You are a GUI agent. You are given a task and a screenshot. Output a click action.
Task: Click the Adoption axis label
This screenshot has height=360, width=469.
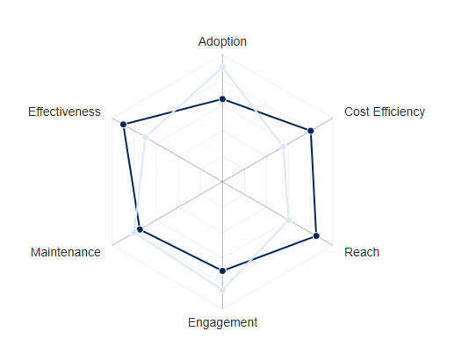coord(222,41)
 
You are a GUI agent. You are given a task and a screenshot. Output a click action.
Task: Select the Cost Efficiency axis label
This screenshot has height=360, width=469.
coord(384,112)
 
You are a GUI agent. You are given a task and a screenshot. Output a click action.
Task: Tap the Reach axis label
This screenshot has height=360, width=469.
coord(362,252)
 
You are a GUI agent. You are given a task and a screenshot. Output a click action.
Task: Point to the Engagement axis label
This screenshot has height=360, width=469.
coord(222,322)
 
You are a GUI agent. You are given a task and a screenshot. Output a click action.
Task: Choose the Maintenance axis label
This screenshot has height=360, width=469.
coord(65,252)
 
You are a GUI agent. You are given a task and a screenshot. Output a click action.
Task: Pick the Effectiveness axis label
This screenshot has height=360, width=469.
coord(64,112)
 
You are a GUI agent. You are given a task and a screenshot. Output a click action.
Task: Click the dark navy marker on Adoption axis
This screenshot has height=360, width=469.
coord(223,99)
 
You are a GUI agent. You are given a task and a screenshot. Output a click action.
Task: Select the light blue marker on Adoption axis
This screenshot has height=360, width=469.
coord(223,67)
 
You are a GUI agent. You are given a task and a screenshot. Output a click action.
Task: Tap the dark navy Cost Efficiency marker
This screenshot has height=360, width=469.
coord(311,131)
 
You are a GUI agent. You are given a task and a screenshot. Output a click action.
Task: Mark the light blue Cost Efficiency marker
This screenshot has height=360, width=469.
coord(284,147)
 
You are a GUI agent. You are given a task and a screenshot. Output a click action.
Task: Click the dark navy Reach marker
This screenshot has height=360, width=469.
coord(316,236)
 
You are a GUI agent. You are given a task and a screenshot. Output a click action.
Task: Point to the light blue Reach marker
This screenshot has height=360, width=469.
coord(289,220)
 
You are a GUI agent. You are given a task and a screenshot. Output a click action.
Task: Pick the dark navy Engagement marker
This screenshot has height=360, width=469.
coord(223,270)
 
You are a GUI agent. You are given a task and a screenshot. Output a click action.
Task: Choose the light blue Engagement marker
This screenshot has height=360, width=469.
coord(223,289)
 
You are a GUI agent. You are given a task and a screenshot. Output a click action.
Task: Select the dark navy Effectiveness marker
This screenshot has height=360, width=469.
coord(124,125)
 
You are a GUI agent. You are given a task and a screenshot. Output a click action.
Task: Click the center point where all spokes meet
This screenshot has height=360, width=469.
coord(223,182)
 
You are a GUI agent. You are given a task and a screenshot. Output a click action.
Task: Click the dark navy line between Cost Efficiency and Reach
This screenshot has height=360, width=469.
coord(314,184)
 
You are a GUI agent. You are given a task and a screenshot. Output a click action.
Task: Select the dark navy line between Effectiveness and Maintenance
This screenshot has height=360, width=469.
coord(131,177)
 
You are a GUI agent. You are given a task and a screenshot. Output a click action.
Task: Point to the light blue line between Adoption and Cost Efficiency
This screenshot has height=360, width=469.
coord(253,106)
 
